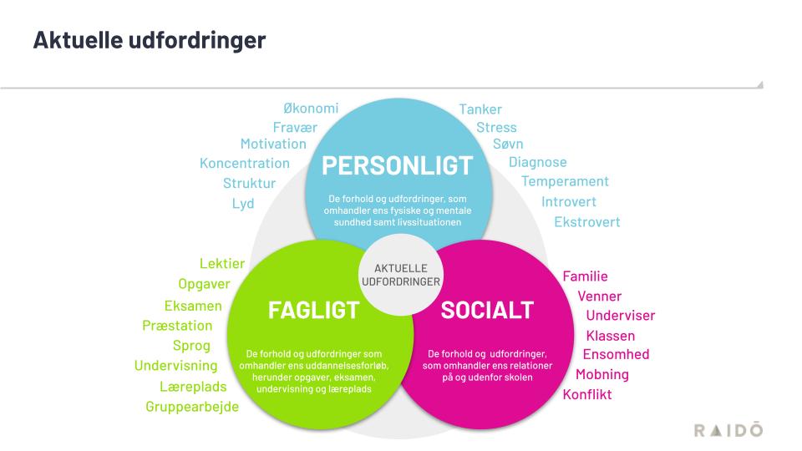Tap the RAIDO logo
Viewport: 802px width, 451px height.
pos(728,429)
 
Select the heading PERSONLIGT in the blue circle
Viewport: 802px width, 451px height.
pos(398,165)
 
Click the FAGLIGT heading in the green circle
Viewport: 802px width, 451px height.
pos(313,311)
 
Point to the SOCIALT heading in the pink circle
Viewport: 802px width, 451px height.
pos(486,311)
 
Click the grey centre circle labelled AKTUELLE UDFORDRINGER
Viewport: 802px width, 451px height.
pos(400,275)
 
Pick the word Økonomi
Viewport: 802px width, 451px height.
pos(311,109)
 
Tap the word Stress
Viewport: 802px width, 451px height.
pos(496,128)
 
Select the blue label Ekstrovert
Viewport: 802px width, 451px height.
pos(587,222)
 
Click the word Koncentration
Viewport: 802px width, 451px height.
pos(245,164)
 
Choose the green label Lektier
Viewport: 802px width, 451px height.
pos(222,264)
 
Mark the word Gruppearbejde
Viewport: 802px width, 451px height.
pos(192,407)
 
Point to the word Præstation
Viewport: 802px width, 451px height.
pos(177,326)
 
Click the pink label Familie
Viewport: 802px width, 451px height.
pos(585,276)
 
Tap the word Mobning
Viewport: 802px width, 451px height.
pos(601,374)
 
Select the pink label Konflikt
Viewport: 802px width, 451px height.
pos(587,394)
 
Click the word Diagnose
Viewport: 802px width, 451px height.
pos(537,162)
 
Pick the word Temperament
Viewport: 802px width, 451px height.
pos(565,181)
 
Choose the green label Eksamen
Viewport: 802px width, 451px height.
pos(193,306)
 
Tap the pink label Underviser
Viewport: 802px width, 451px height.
pos(620,316)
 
